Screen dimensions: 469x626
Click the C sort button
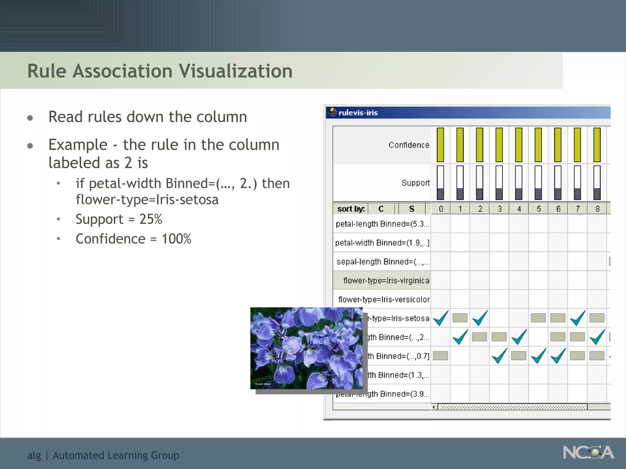pos(381,209)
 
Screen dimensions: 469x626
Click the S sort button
pos(412,209)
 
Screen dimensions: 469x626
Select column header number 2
pos(480,209)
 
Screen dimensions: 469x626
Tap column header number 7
pos(578,209)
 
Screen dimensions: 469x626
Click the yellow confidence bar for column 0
pos(440,145)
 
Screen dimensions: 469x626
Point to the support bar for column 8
pos(597,183)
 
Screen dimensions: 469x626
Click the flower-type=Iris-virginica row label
pos(386,280)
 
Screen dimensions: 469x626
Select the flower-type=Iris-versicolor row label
pos(384,299)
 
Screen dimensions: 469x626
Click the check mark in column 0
pos(441,318)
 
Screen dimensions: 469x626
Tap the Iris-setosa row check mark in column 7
pos(578,318)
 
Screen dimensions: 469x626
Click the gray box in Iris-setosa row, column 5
pos(538,318)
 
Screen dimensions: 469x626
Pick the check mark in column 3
pos(499,356)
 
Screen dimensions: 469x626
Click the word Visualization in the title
pos(235,71)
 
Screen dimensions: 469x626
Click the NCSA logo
pos(588,453)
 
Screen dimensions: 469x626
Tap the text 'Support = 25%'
pos(119,219)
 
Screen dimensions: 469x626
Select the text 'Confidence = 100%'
pos(134,239)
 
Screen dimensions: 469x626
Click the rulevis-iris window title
pos(358,113)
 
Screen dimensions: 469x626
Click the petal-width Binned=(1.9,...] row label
pos(382,243)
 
